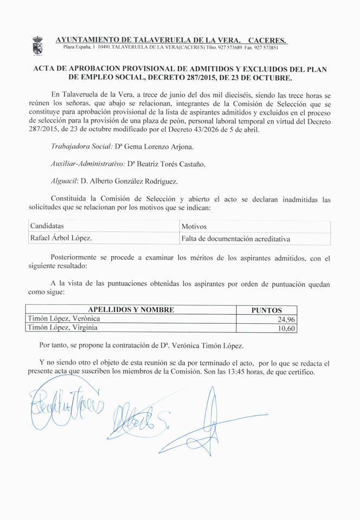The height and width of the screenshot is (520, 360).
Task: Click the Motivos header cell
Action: (194, 226)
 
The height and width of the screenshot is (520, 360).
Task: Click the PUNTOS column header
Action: (267, 310)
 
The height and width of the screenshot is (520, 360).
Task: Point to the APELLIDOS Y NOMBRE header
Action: (131, 310)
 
